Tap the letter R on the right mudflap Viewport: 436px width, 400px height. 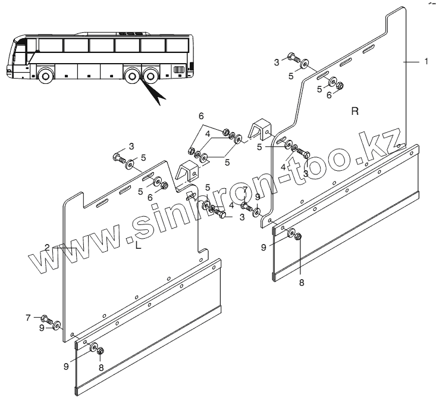pyautogui.click(x=354, y=111)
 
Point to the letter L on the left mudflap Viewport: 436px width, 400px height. pyautogui.click(x=138, y=245)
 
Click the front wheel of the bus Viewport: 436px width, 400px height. pyautogui.click(x=45, y=76)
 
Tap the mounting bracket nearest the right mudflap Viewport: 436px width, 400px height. pyautogui.click(x=261, y=131)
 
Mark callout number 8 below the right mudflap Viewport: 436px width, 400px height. pyautogui.click(x=301, y=282)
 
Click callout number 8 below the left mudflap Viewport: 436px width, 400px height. pyautogui.click(x=101, y=367)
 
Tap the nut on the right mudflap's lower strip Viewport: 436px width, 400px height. pyautogui.click(x=299, y=237)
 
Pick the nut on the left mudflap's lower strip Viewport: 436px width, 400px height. pyautogui.click(x=100, y=351)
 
